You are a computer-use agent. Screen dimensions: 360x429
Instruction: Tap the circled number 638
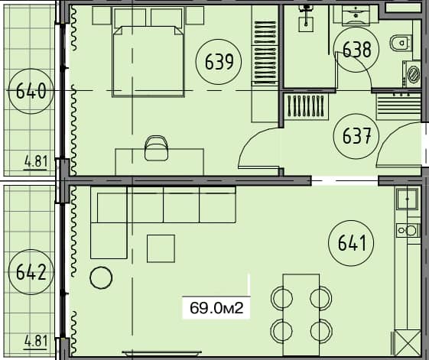[356, 50]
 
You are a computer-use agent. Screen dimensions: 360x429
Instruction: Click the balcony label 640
[31, 92]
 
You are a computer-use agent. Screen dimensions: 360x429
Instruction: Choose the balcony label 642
[31, 271]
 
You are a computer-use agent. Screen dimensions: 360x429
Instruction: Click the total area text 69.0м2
[216, 308]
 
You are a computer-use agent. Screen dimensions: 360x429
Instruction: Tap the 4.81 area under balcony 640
[35, 162]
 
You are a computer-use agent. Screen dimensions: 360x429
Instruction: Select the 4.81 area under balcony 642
[35, 339]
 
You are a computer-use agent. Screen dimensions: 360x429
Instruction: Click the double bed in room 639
[150, 57]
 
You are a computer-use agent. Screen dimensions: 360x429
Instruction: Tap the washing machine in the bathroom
[413, 73]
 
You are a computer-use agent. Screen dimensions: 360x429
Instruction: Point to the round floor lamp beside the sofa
[101, 278]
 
